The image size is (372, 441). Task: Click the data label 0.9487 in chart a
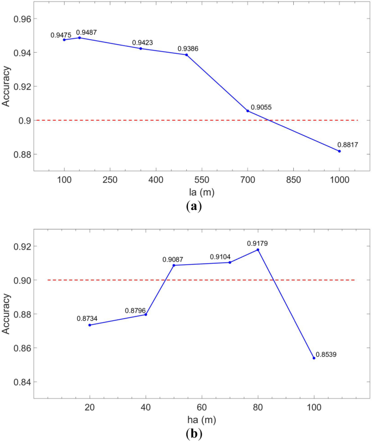86,32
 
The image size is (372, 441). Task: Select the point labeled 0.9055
248,111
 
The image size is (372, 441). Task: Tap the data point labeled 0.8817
339,151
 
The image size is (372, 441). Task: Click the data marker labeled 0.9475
64,40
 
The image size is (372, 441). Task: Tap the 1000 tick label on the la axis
339,180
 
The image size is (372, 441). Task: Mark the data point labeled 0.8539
314,358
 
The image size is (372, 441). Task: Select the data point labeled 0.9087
174,265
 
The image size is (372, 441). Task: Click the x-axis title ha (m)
196,420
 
